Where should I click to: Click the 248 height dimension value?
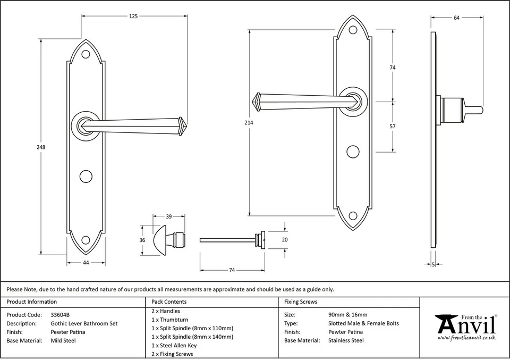coord(34,147)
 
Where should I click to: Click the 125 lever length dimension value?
coord(133,16)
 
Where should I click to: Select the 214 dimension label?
coord(249,123)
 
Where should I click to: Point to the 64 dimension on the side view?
coord(457,18)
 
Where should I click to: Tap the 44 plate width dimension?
coord(86,263)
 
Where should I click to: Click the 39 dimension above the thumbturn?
coord(169,216)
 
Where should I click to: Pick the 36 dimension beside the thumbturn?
coord(142,240)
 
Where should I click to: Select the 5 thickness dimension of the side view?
coord(433,264)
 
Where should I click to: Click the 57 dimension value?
coord(393,127)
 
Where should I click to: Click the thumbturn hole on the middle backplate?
coord(352,151)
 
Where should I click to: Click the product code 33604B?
coord(60,315)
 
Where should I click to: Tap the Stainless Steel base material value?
coord(346,340)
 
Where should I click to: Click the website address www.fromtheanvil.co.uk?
coord(466,338)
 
